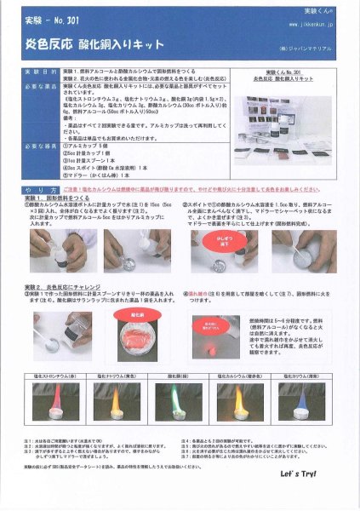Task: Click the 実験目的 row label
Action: click(39, 75)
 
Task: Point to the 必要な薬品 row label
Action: click(39, 88)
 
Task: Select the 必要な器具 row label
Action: click(39, 146)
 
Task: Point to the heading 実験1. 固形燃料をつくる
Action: click(64, 198)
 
